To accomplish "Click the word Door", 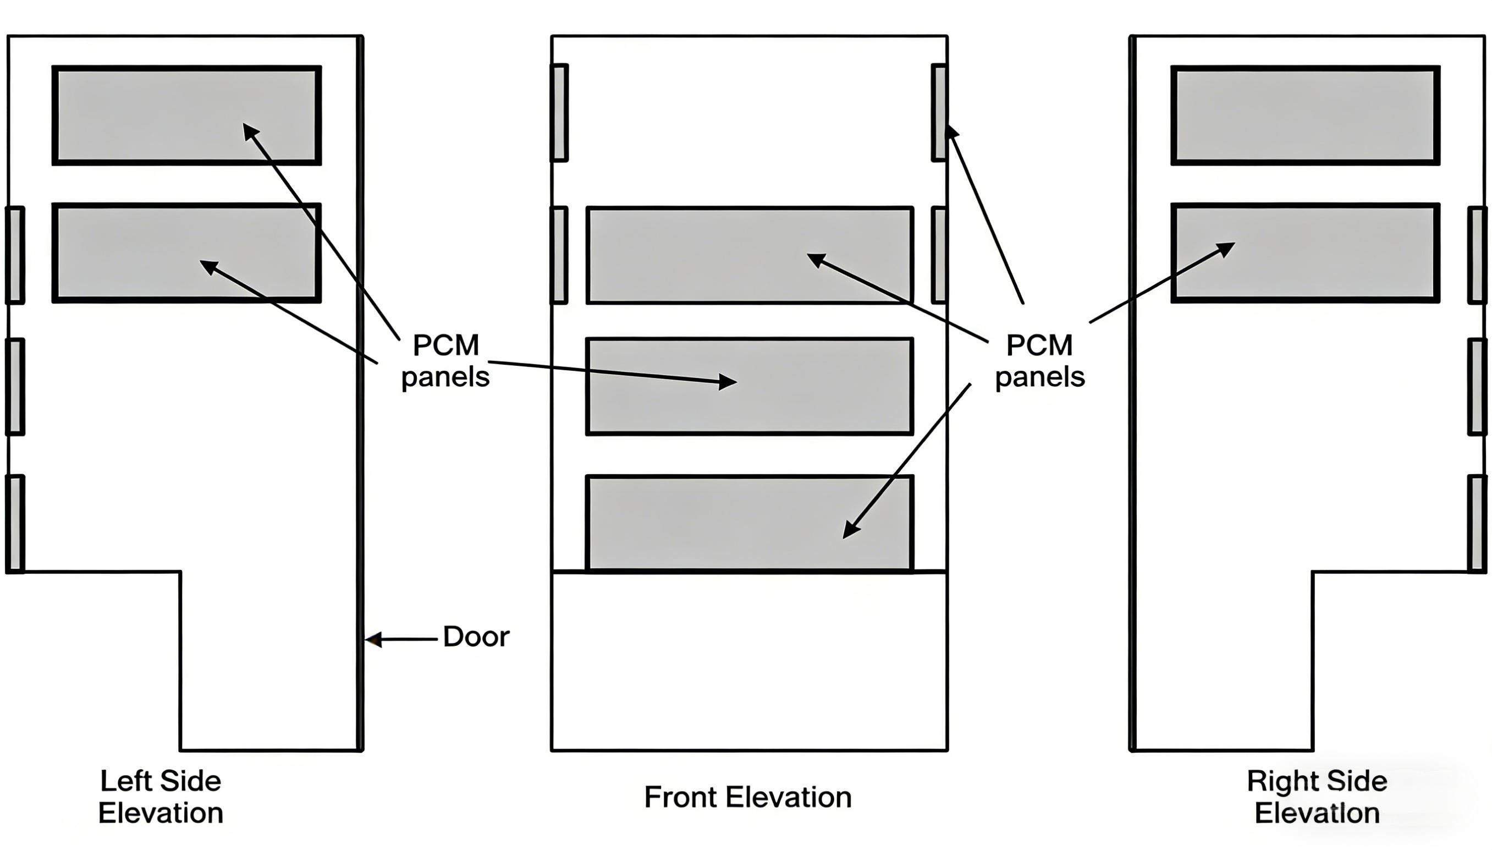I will pyautogui.click(x=476, y=637).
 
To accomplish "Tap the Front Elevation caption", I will pyautogui.click(x=747, y=797).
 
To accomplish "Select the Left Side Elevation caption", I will pyautogui.click(x=161, y=797).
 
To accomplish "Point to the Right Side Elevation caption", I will pyautogui.click(x=1317, y=797).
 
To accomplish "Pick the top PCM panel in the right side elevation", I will pyautogui.click(x=1305, y=116).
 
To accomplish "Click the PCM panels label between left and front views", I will pyautogui.click(x=445, y=361).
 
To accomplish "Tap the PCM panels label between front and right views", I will pyautogui.click(x=1039, y=361).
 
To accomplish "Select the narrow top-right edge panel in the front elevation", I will pyautogui.click(x=939, y=112).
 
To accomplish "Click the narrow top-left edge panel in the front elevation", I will pyautogui.click(x=559, y=112).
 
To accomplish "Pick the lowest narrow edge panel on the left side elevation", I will pyautogui.click(x=15, y=524).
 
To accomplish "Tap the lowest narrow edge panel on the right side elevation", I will pyautogui.click(x=1477, y=524).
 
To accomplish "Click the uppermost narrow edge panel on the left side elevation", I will pyautogui.click(x=15, y=255).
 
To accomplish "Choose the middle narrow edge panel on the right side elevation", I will pyautogui.click(x=1477, y=386).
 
